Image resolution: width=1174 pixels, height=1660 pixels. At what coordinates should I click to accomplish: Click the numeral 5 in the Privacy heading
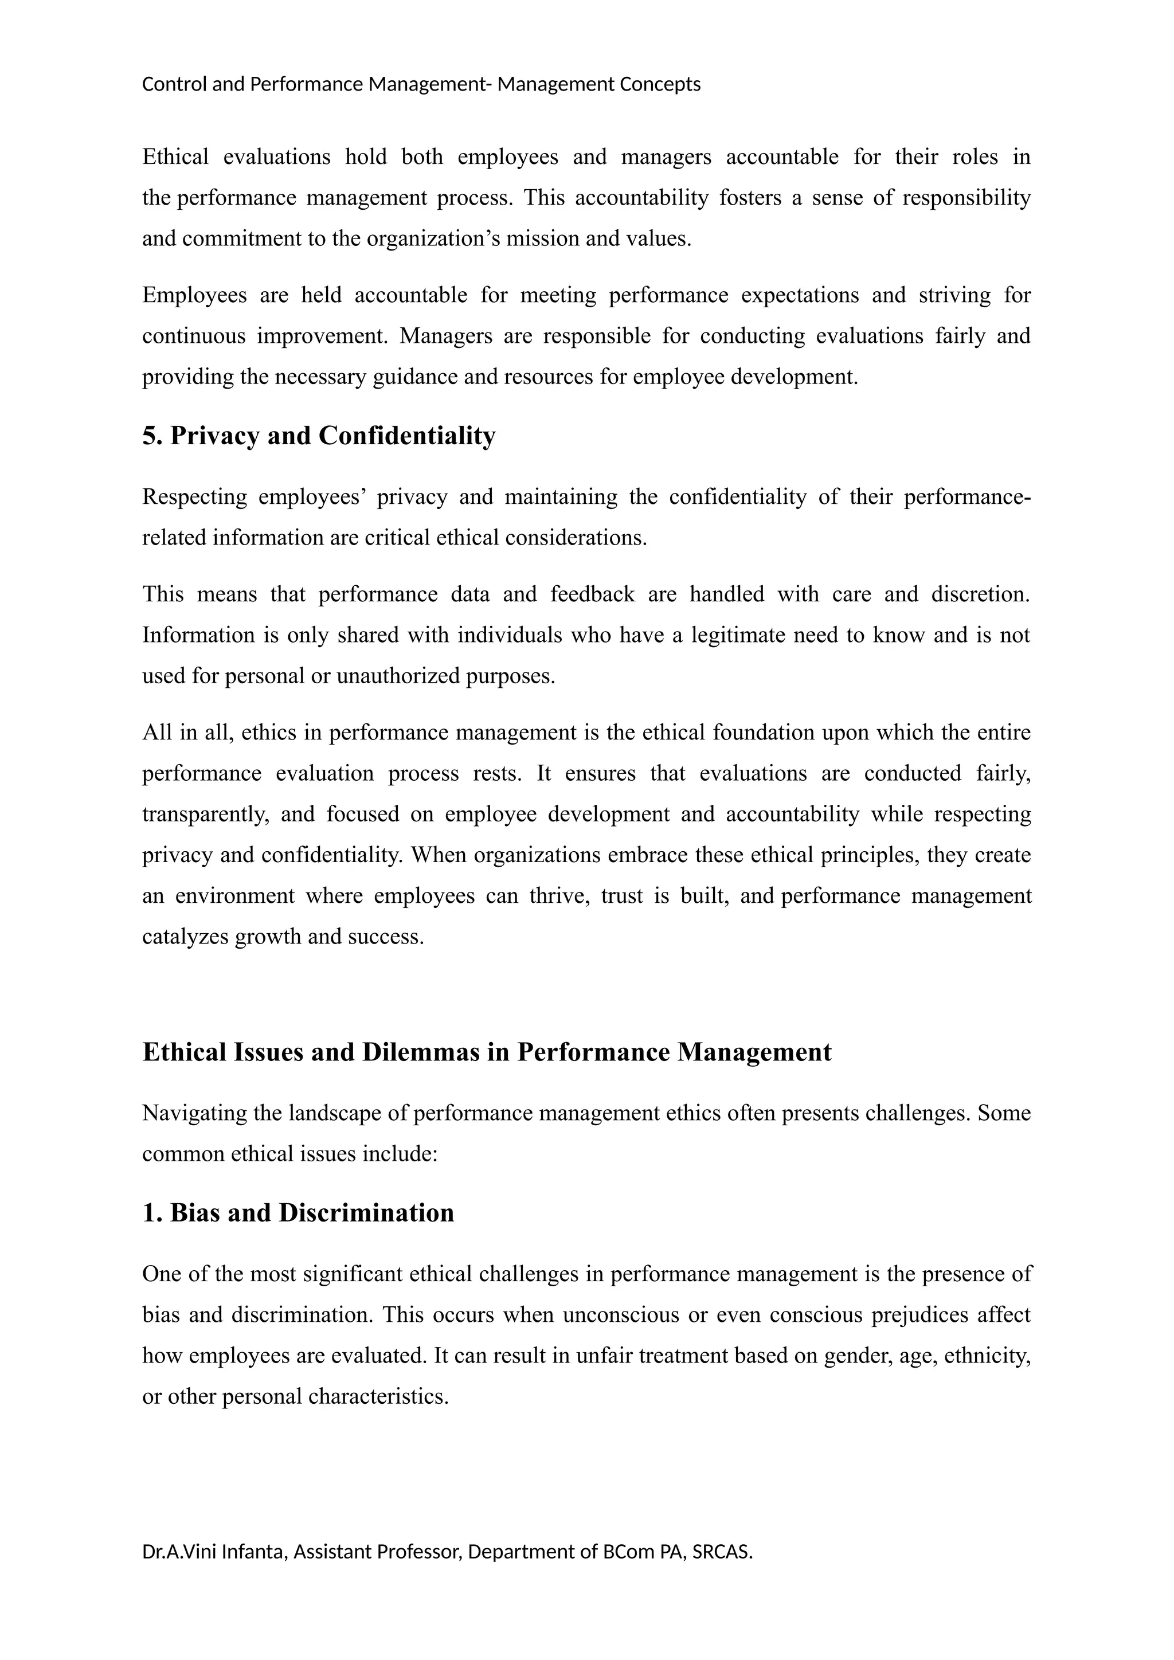point(150,436)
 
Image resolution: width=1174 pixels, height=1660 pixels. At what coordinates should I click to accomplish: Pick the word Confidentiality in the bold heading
point(407,436)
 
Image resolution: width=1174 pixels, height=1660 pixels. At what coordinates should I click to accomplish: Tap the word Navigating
point(194,1113)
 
